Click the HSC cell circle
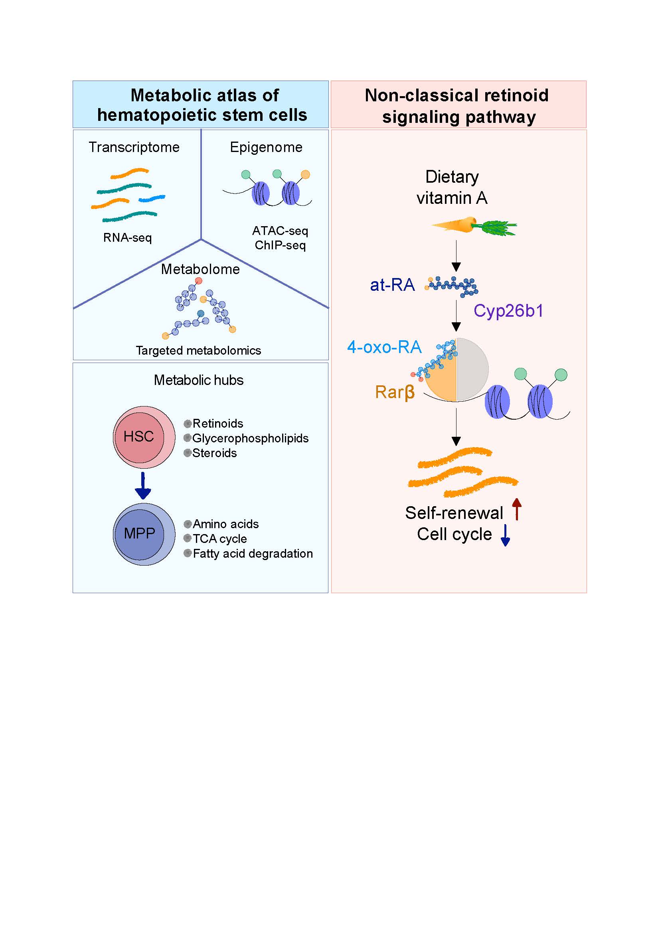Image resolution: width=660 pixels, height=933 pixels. tap(139, 437)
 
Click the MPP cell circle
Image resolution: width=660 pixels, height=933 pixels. tap(139, 534)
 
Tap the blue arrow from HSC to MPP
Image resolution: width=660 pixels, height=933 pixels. tap(142, 486)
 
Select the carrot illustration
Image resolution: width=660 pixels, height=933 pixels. tap(474, 226)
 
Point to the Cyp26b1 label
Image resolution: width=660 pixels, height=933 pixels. tap(508, 311)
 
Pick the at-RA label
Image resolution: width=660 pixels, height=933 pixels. tap(392, 285)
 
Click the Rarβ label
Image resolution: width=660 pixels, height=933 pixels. tap(395, 393)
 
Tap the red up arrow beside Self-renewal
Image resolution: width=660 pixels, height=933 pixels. tap(516, 509)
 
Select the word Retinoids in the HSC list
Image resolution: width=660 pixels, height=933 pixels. tap(218, 424)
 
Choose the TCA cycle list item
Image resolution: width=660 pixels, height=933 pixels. tap(219, 539)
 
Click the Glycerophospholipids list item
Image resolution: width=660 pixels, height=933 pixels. tap(250, 438)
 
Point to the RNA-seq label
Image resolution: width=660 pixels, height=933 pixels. tap(127, 238)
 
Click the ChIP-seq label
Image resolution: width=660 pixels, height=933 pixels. tap(280, 245)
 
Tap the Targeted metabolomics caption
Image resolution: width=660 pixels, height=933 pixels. tap(198, 351)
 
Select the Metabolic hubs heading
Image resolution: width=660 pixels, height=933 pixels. tap(199, 381)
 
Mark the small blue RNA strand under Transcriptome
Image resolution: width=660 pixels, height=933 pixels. tap(152, 199)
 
